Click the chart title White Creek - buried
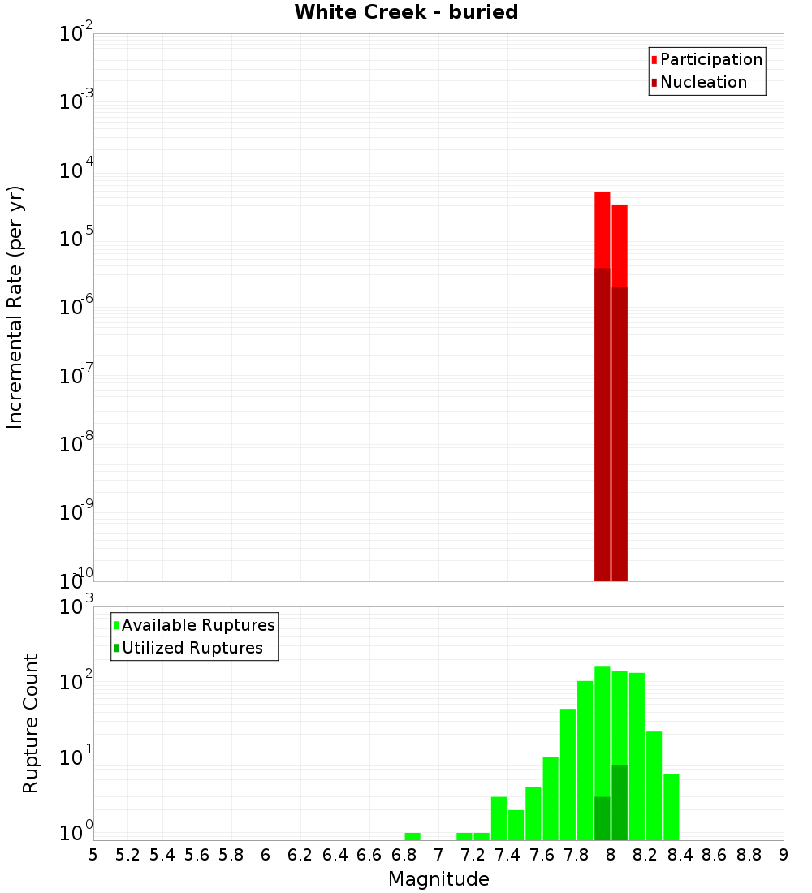pos(406,12)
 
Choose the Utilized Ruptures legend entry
pos(192,648)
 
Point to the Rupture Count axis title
pos(31,723)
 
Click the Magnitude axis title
pos(438,879)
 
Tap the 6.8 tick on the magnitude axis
pos(404,855)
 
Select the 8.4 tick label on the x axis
pos(680,855)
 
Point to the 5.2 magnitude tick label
pos(127,855)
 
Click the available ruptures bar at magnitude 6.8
pos(412,836)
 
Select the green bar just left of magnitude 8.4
pos(672,807)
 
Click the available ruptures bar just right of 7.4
pos(516,825)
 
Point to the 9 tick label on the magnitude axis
pos(783,855)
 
